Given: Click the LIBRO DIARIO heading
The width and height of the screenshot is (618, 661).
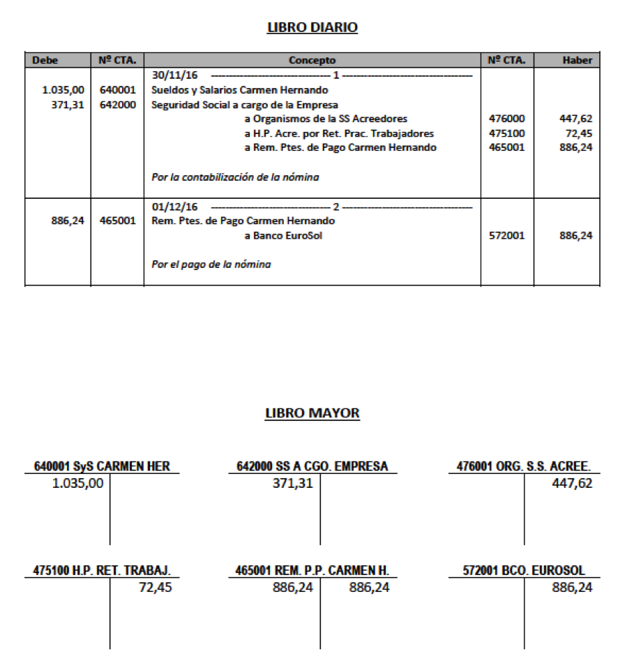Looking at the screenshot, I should point(312,28).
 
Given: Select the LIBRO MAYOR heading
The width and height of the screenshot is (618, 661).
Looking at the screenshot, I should point(312,413).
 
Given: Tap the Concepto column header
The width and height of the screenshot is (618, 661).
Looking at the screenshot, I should point(312,61).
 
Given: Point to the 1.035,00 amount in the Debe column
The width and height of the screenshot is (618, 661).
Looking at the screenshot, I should point(63,90).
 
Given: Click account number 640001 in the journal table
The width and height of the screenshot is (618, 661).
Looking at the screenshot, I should point(118,90).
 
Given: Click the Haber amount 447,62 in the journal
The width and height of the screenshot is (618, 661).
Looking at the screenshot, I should point(576,119).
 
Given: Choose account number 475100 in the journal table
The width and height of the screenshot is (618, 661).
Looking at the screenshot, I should point(508,133).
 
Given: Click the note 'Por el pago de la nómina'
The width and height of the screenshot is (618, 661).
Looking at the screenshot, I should point(211,265).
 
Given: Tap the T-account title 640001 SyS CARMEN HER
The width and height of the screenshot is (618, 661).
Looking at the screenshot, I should point(102,466).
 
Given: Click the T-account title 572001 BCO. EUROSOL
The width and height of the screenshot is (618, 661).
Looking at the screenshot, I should point(524,571).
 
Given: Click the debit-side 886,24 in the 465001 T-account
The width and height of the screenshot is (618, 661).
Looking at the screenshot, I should point(292,588).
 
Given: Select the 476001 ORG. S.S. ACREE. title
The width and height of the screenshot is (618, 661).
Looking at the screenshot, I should point(524,466).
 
